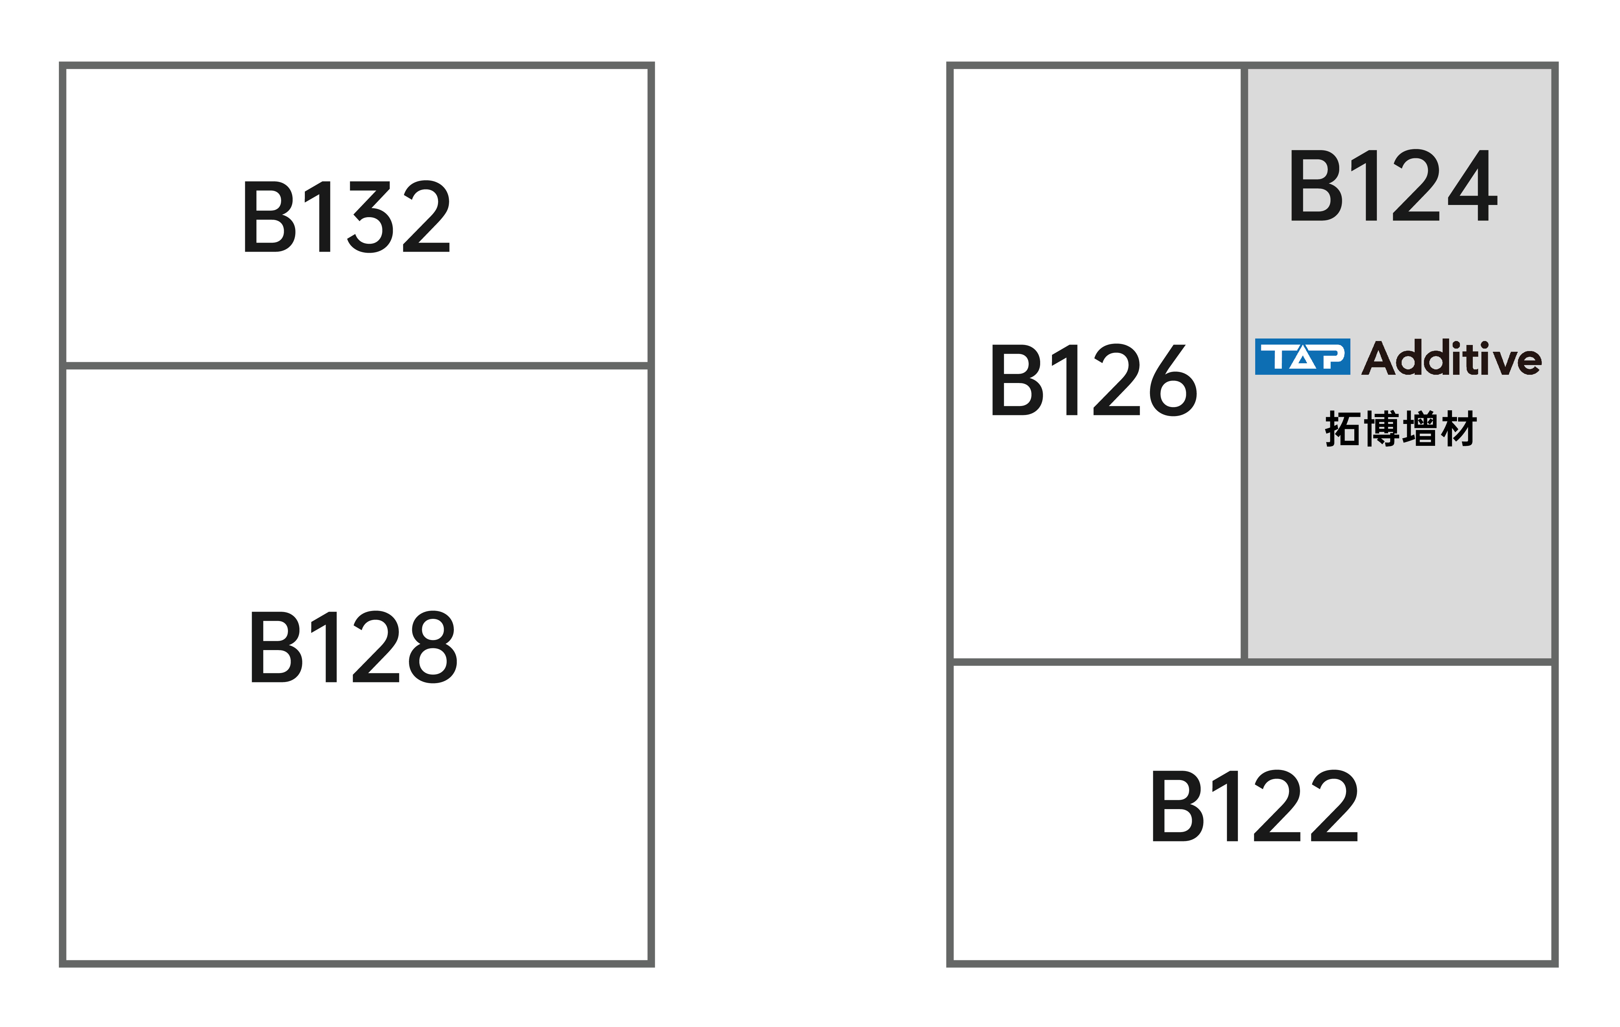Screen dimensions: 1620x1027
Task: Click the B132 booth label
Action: pyautogui.click(x=346, y=216)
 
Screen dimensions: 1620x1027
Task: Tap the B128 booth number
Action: pyautogui.click(x=354, y=647)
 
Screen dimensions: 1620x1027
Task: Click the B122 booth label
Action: pyautogui.click(x=1255, y=806)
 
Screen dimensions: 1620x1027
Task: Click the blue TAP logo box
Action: pyautogui.click(x=1303, y=356)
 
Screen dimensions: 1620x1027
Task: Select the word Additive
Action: pyautogui.click(x=1452, y=358)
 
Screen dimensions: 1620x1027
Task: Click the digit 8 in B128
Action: pyautogui.click(x=433, y=647)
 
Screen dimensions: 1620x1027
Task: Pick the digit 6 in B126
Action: pyautogui.click(x=1173, y=380)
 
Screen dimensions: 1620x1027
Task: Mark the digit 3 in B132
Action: pyautogui.click(x=370, y=216)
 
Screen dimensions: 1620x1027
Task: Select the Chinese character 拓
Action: pyautogui.click(x=1342, y=428)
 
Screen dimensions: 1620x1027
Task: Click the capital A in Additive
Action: pyautogui.click(x=1377, y=358)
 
